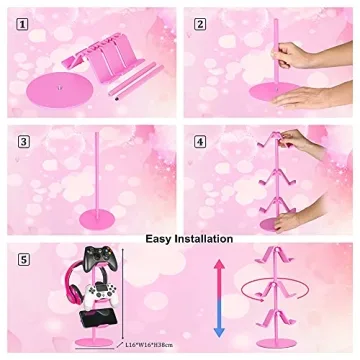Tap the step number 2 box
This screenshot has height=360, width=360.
click(x=200, y=23)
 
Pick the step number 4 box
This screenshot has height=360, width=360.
click(x=200, y=142)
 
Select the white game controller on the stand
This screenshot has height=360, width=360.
click(x=104, y=297)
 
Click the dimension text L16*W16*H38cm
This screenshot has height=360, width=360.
click(x=151, y=345)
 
